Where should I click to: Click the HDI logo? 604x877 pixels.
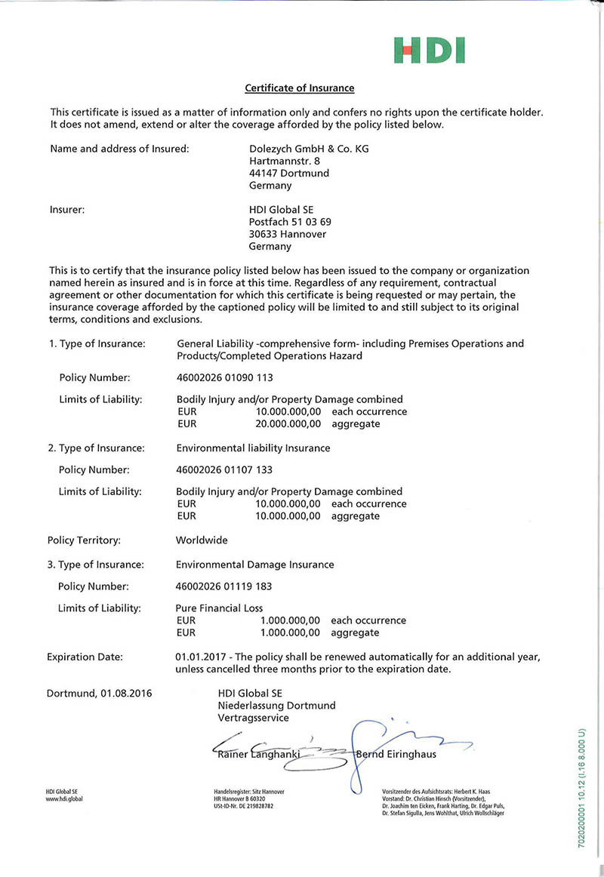coord(429,51)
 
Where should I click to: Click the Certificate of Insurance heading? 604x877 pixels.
coord(300,88)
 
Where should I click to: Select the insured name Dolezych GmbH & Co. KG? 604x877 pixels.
coord(309,149)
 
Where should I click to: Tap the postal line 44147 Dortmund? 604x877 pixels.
coord(289,174)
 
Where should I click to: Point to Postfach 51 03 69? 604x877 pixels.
coord(290,222)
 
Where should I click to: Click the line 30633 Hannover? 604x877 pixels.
coord(288,234)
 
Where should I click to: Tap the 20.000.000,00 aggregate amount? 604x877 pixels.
coord(289,424)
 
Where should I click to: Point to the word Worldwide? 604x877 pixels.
coord(202,540)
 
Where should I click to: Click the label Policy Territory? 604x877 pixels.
coord(84,540)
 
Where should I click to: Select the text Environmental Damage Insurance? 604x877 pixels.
coord(254,565)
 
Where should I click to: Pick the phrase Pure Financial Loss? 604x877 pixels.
coord(220,608)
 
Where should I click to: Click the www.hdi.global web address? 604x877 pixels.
coord(64,799)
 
